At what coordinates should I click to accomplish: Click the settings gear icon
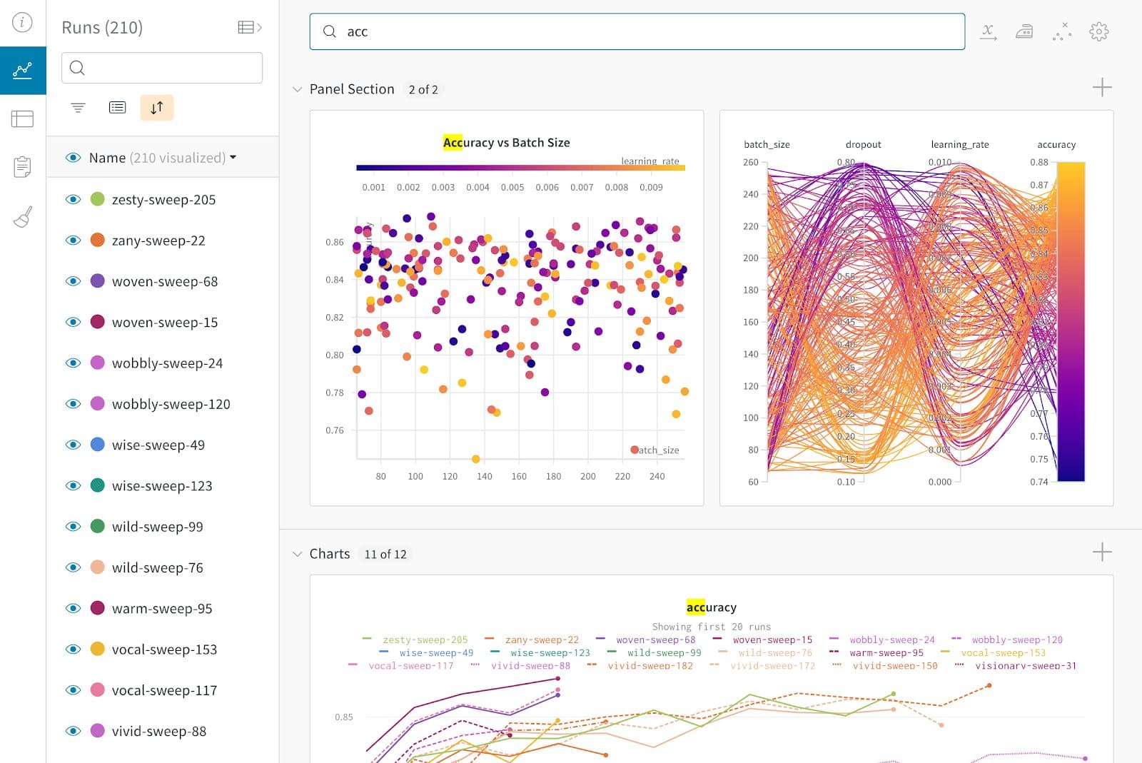pyautogui.click(x=1098, y=31)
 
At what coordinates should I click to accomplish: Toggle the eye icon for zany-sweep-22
pyautogui.click(x=73, y=241)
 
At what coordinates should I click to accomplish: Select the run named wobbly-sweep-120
pyautogui.click(x=171, y=404)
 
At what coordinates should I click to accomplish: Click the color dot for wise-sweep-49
pyautogui.click(x=98, y=445)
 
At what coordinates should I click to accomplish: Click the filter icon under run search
pyautogui.click(x=78, y=108)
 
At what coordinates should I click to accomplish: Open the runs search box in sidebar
pyautogui.click(x=162, y=68)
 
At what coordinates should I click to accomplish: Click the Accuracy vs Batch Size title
pyautogui.click(x=506, y=143)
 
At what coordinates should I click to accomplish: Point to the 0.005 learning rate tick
pyautogui.click(x=512, y=187)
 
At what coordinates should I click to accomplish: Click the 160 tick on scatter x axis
pyautogui.click(x=519, y=476)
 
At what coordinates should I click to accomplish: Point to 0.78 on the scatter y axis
pyautogui.click(x=334, y=393)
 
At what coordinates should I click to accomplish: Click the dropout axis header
pyautogui.click(x=863, y=144)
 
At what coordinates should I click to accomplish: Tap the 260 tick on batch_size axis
pyautogui.click(x=750, y=162)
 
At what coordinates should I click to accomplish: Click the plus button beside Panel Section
pyautogui.click(x=1101, y=88)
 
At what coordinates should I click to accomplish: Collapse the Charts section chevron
pyautogui.click(x=297, y=554)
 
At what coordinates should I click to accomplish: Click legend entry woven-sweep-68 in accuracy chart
pyautogui.click(x=655, y=640)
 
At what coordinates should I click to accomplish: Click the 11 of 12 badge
pyautogui.click(x=385, y=555)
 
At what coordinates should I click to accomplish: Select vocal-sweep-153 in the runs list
pyautogui.click(x=164, y=650)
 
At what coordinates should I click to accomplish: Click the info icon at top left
pyautogui.click(x=22, y=22)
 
